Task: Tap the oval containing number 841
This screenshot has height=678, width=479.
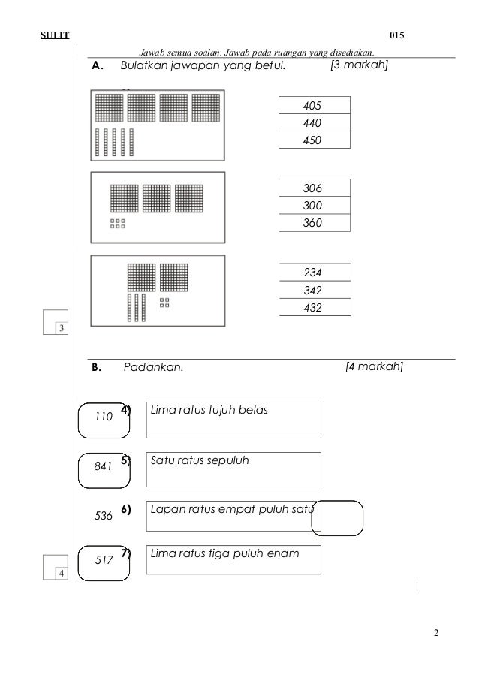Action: (x=104, y=466)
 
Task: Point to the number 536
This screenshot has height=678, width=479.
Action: (x=104, y=516)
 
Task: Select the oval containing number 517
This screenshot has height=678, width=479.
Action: (x=104, y=560)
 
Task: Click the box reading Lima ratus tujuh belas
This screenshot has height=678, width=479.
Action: (x=233, y=420)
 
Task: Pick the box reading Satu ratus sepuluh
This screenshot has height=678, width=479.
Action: (x=233, y=469)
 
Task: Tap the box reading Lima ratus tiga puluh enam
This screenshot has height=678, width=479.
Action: (x=233, y=559)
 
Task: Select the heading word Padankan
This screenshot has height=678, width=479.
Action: (x=152, y=368)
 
